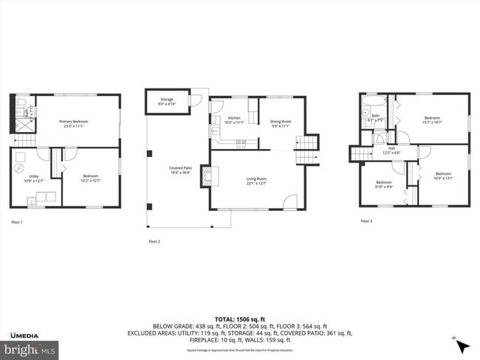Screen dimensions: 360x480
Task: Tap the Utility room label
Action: point(34,178)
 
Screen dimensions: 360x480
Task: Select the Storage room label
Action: point(167,102)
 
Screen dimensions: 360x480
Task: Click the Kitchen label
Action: point(234,120)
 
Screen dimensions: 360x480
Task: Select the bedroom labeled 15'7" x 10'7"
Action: point(432,120)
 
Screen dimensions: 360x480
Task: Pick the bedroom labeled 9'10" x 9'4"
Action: point(384,184)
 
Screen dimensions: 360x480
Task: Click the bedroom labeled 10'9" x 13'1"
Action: point(444,176)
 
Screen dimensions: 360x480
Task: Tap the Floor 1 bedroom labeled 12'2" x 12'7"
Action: point(91,178)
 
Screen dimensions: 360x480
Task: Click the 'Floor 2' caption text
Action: point(154,241)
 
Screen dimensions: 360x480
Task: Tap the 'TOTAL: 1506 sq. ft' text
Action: point(240,318)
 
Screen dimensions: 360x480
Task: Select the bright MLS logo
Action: point(30,349)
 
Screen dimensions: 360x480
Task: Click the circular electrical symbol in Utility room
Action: point(19,167)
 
